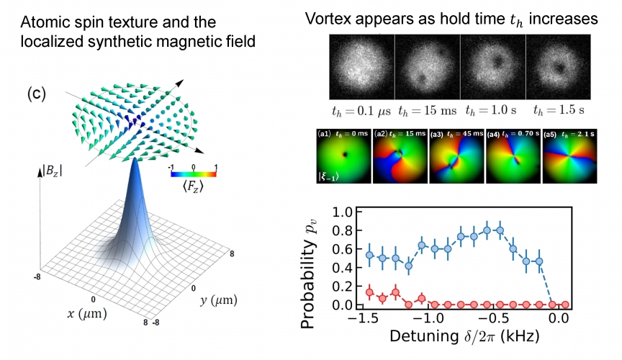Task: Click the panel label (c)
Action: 37,94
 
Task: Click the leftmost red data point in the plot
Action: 370,292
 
